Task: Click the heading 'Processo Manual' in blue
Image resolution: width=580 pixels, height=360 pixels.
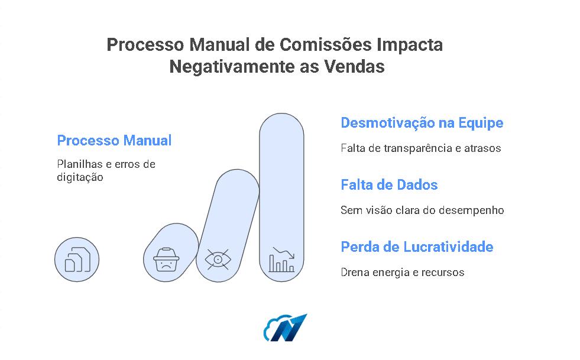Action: [114, 141]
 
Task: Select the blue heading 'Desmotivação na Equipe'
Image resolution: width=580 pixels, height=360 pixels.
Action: [422, 123]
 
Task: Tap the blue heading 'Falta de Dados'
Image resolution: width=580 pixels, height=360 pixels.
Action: [389, 184]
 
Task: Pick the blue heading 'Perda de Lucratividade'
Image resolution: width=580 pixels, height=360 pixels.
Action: [417, 247]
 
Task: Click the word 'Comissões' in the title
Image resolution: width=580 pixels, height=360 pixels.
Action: [326, 45]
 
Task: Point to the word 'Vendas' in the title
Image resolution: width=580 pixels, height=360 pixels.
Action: [354, 67]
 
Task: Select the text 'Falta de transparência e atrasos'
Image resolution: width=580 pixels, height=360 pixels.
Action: [420, 148]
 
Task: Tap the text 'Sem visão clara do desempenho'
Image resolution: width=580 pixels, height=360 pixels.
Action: [422, 210]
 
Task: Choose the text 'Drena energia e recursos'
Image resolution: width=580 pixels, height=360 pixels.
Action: [403, 273]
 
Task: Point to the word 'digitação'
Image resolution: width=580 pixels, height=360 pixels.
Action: [80, 177]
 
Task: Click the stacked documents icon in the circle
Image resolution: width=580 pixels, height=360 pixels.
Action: [77, 260]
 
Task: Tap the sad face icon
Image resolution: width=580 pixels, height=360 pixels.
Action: [166, 260]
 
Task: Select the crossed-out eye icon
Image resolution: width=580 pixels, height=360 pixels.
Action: [218, 260]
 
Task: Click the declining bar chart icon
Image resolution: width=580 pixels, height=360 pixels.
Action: [281, 260]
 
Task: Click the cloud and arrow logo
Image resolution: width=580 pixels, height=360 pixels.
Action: [285, 328]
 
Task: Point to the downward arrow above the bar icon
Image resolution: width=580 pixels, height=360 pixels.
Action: [283, 252]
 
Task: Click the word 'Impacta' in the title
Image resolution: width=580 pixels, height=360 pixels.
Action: [410, 46]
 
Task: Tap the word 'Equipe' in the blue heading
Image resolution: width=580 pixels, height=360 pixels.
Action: [481, 123]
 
